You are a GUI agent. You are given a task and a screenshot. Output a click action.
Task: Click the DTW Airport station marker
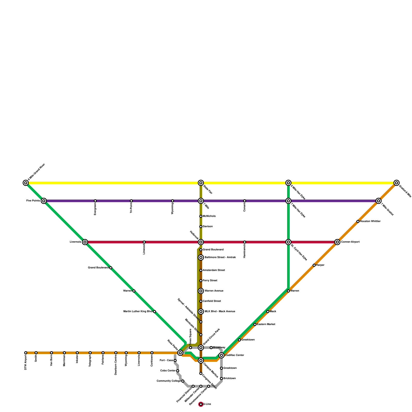pyautogui.click(x=26, y=353)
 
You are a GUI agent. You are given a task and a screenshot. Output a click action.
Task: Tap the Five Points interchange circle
pyautogui.click(x=44, y=201)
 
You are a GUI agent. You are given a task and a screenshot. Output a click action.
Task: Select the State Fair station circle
pyautogui.click(x=201, y=183)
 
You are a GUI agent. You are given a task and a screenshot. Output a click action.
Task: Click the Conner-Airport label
pyautogui.click(x=350, y=242)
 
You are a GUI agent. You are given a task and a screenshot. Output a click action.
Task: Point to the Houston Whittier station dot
pyautogui.click(x=358, y=221)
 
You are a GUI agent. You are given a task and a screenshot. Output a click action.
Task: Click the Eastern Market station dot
pyautogui.click(x=255, y=324)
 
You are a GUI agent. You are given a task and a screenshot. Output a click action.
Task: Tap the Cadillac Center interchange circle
pyautogui.click(x=221, y=355)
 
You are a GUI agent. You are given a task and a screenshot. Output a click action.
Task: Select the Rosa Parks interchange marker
pyautogui.click(x=180, y=353)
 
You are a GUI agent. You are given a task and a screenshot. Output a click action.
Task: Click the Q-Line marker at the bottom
pyautogui.click(x=201, y=404)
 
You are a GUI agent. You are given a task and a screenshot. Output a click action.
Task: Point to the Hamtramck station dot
pyautogui.click(x=245, y=242)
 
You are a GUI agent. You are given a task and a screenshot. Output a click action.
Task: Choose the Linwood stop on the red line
pyautogui.click(x=144, y=242)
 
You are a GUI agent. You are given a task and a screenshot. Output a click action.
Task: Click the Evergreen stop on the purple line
pyautogui.click(x=95, y=201)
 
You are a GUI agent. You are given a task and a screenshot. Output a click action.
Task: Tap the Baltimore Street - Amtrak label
pyautogui.click(x=220, y=257)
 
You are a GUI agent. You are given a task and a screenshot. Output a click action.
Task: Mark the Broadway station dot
pyautogui.click(x=211, y=348)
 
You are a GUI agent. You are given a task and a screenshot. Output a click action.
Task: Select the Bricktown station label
pyautogui.click(x=230, y=379)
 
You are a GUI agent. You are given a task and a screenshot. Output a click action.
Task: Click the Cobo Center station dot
pyautogui.click(x=178, y=371)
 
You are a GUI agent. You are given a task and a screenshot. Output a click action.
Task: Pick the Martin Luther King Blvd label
pyautogui.click(x=138, y=312)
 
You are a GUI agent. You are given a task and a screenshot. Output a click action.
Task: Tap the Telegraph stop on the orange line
pyautogui.click(x=90, y=353)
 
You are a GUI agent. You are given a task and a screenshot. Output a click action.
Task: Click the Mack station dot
pyautogui.click(x=268, y=312)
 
